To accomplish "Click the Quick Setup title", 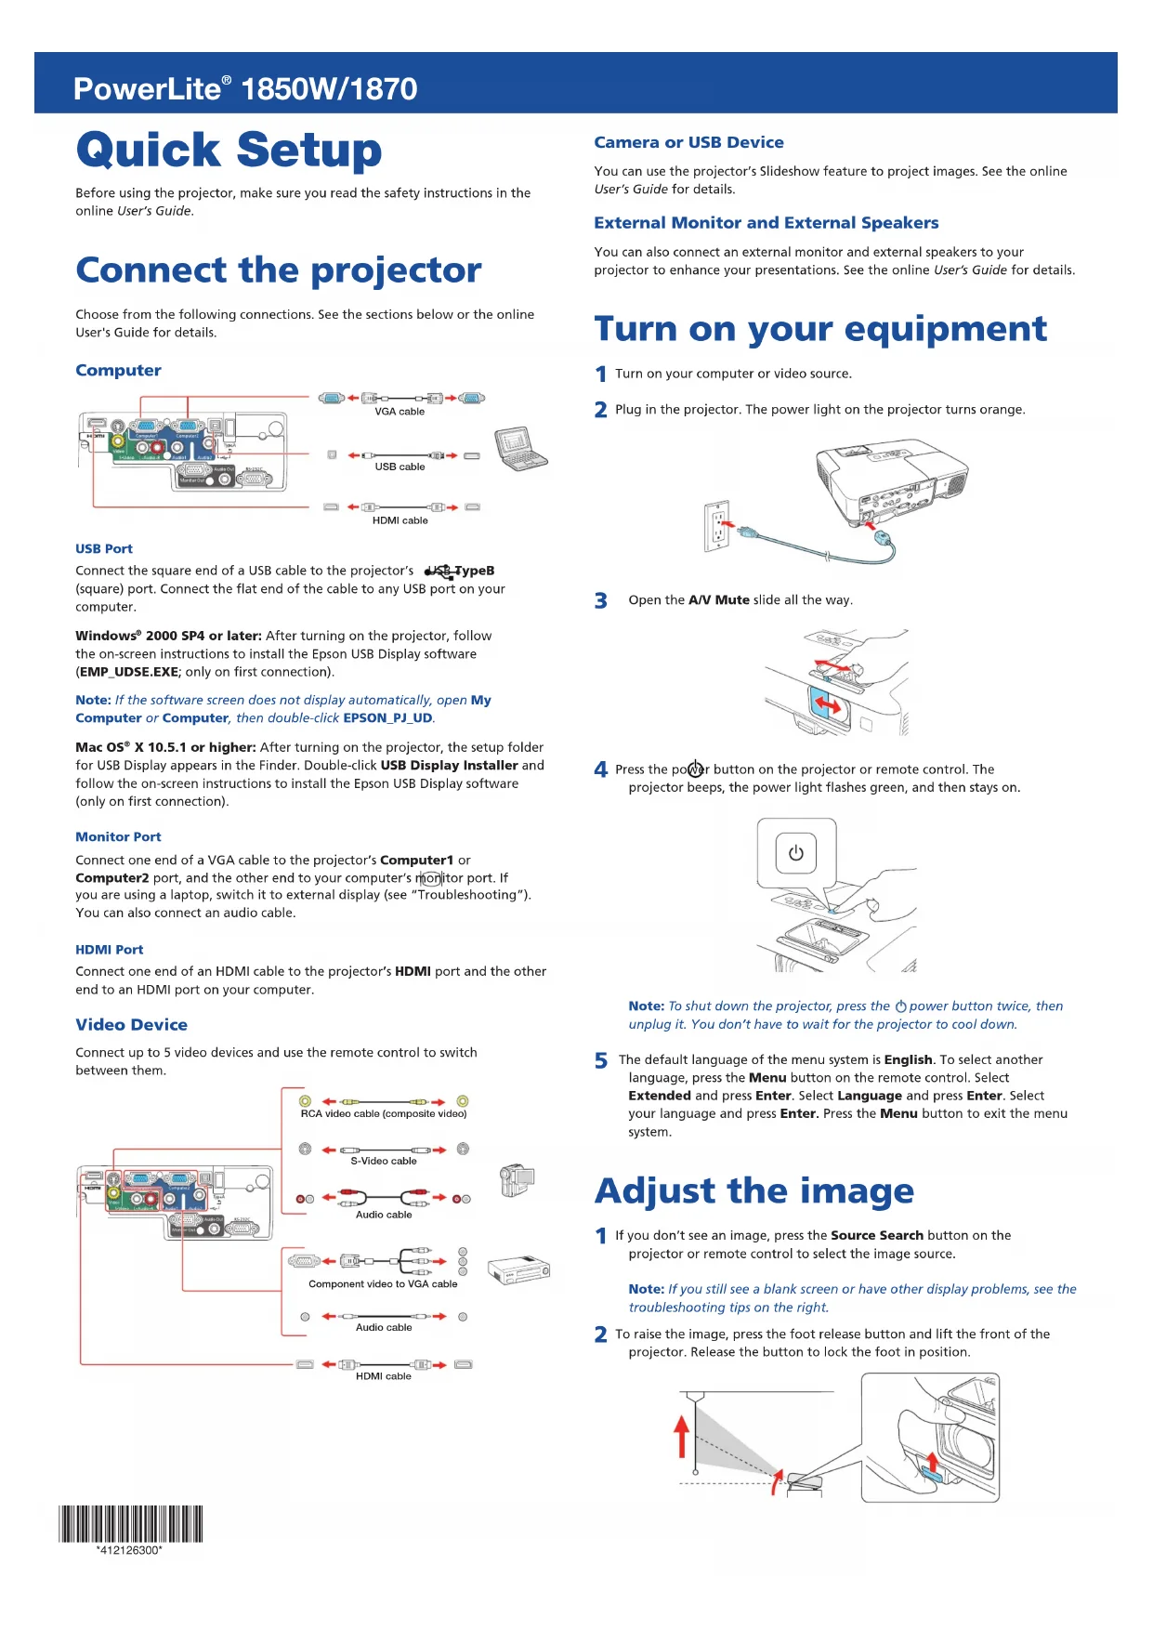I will click(x=229, y=151).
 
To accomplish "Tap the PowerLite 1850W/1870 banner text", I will click(x=245, y=89).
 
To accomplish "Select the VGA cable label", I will click(x=400, y=412).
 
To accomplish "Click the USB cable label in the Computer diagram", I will click(x=400, y=467).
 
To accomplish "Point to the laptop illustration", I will click(x=519, y=449).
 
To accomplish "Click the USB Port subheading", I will click(x=104, y=549).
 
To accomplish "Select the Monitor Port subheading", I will click(x=118, y=837).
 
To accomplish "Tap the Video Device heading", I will click(x=131, y=1025).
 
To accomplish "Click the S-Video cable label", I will click(x=384, y=1161).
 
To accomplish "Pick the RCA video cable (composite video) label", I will click(x=384, y=1113).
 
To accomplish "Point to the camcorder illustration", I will click(x=517, y=1180).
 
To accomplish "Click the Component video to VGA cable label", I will click(x=383, y=1284).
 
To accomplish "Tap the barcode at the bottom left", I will click(x=130, y=1523).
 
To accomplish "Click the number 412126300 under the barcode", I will click(x=129, y=1550).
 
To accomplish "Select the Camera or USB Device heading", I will click(x=688, y=143).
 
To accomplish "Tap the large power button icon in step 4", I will click(x=796, y=853).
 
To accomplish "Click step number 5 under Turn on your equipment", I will click(x=601, y=1061).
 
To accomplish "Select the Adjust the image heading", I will click(x=753, y=1191).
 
